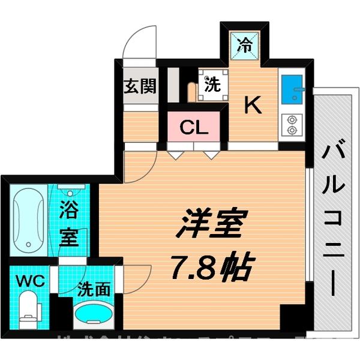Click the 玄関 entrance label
(140, 86)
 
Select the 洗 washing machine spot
(211, 85)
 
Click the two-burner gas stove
(292, 122)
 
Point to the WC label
(27, 280)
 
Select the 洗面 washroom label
(94, 289)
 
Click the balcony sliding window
(308, 228)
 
